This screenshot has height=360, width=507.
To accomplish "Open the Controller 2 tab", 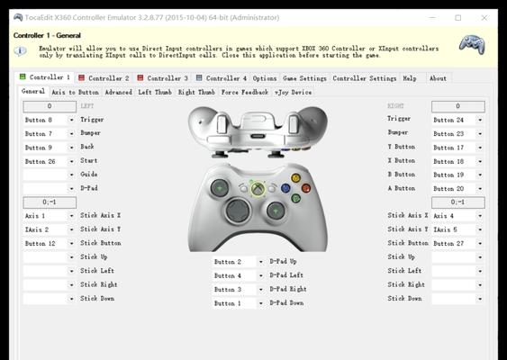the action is click(104, 78).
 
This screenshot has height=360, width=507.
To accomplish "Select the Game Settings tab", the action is click(304, 78).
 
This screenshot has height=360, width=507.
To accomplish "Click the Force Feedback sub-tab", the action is click(245, 92).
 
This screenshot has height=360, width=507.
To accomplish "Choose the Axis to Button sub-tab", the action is click(75, 92).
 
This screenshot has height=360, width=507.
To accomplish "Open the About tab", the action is click(438, 78).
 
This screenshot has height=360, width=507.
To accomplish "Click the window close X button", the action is click(484, 18).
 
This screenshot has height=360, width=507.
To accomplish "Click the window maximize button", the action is click(458, 18).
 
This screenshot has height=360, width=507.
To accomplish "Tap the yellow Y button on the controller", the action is click(295, 177).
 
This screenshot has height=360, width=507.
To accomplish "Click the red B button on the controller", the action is click(306, 188).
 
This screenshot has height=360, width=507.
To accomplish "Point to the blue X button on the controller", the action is click(285, 188).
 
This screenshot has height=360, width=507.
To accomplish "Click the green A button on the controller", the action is click(295, 198).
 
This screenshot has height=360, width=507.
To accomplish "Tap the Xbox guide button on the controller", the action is click(258, 188).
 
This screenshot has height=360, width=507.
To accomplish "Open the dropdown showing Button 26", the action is click(50, 161).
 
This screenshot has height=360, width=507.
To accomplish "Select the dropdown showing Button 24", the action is click(458, 120).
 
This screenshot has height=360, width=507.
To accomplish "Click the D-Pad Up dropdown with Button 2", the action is click(239, 262).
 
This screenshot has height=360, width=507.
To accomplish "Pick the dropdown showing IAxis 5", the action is click(458, 229).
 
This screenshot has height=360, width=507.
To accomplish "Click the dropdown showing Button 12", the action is click(50, 243).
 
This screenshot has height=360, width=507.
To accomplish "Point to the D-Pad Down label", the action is click(286, 302).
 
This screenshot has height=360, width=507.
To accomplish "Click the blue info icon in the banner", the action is click(20, 50).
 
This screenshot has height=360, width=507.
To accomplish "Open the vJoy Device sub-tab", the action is click(293, 92).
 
